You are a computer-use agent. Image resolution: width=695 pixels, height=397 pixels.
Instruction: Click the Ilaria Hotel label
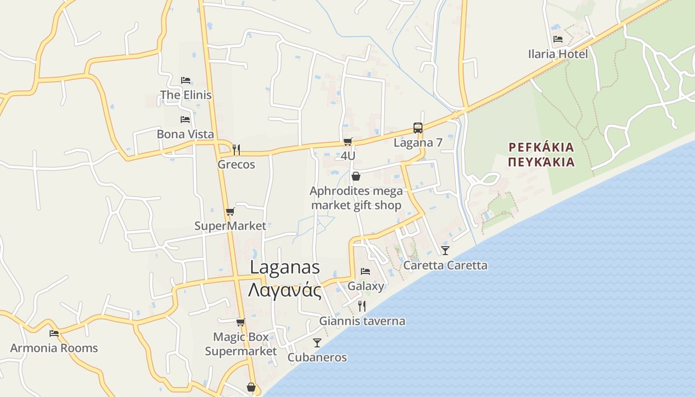click(558, 54)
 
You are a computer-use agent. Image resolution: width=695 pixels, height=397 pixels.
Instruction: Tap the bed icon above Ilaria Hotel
click(558, 39)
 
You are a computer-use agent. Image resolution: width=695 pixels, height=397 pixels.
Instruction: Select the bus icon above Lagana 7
click(418, 128)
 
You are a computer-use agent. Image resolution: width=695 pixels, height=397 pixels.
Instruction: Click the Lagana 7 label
click(418, 143)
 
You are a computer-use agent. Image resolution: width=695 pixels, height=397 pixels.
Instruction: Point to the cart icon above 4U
click(348, 142)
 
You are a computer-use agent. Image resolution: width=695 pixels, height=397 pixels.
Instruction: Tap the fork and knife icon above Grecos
click(236, 149)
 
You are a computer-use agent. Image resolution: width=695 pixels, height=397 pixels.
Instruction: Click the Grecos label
click(236, 164)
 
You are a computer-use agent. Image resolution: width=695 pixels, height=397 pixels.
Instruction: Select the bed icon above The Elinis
click(186, 80)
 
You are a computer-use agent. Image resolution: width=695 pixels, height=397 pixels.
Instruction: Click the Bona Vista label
click(185, 134)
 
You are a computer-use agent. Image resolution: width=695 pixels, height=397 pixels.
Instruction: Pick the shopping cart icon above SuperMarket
click(230, 212)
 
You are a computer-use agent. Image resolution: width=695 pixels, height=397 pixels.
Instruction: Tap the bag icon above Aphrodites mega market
click(356, 176)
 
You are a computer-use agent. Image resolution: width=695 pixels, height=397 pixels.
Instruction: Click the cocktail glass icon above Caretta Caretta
click(445, 250)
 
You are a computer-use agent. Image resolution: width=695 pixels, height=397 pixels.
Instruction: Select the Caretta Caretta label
click(445, 265)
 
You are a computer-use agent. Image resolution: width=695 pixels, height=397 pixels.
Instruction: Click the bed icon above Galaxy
click(365, 271)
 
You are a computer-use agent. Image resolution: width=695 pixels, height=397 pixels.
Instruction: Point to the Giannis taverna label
click(362, 321)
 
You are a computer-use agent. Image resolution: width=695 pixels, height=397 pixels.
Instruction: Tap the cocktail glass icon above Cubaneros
click(317, 342)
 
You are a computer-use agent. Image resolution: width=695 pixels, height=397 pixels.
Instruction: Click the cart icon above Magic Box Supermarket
click(241, 322)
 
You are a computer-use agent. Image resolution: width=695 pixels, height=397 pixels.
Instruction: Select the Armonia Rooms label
click(54, 348)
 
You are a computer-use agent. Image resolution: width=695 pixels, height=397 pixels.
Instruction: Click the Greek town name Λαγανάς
click(284, 290)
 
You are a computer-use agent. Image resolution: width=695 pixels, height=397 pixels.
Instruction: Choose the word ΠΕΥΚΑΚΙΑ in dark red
click(542, 162)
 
